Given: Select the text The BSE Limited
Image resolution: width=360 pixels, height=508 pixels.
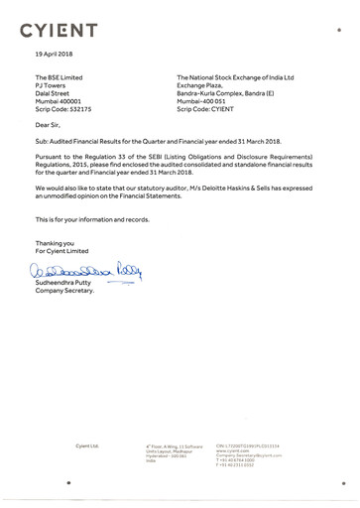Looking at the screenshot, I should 60,77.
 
